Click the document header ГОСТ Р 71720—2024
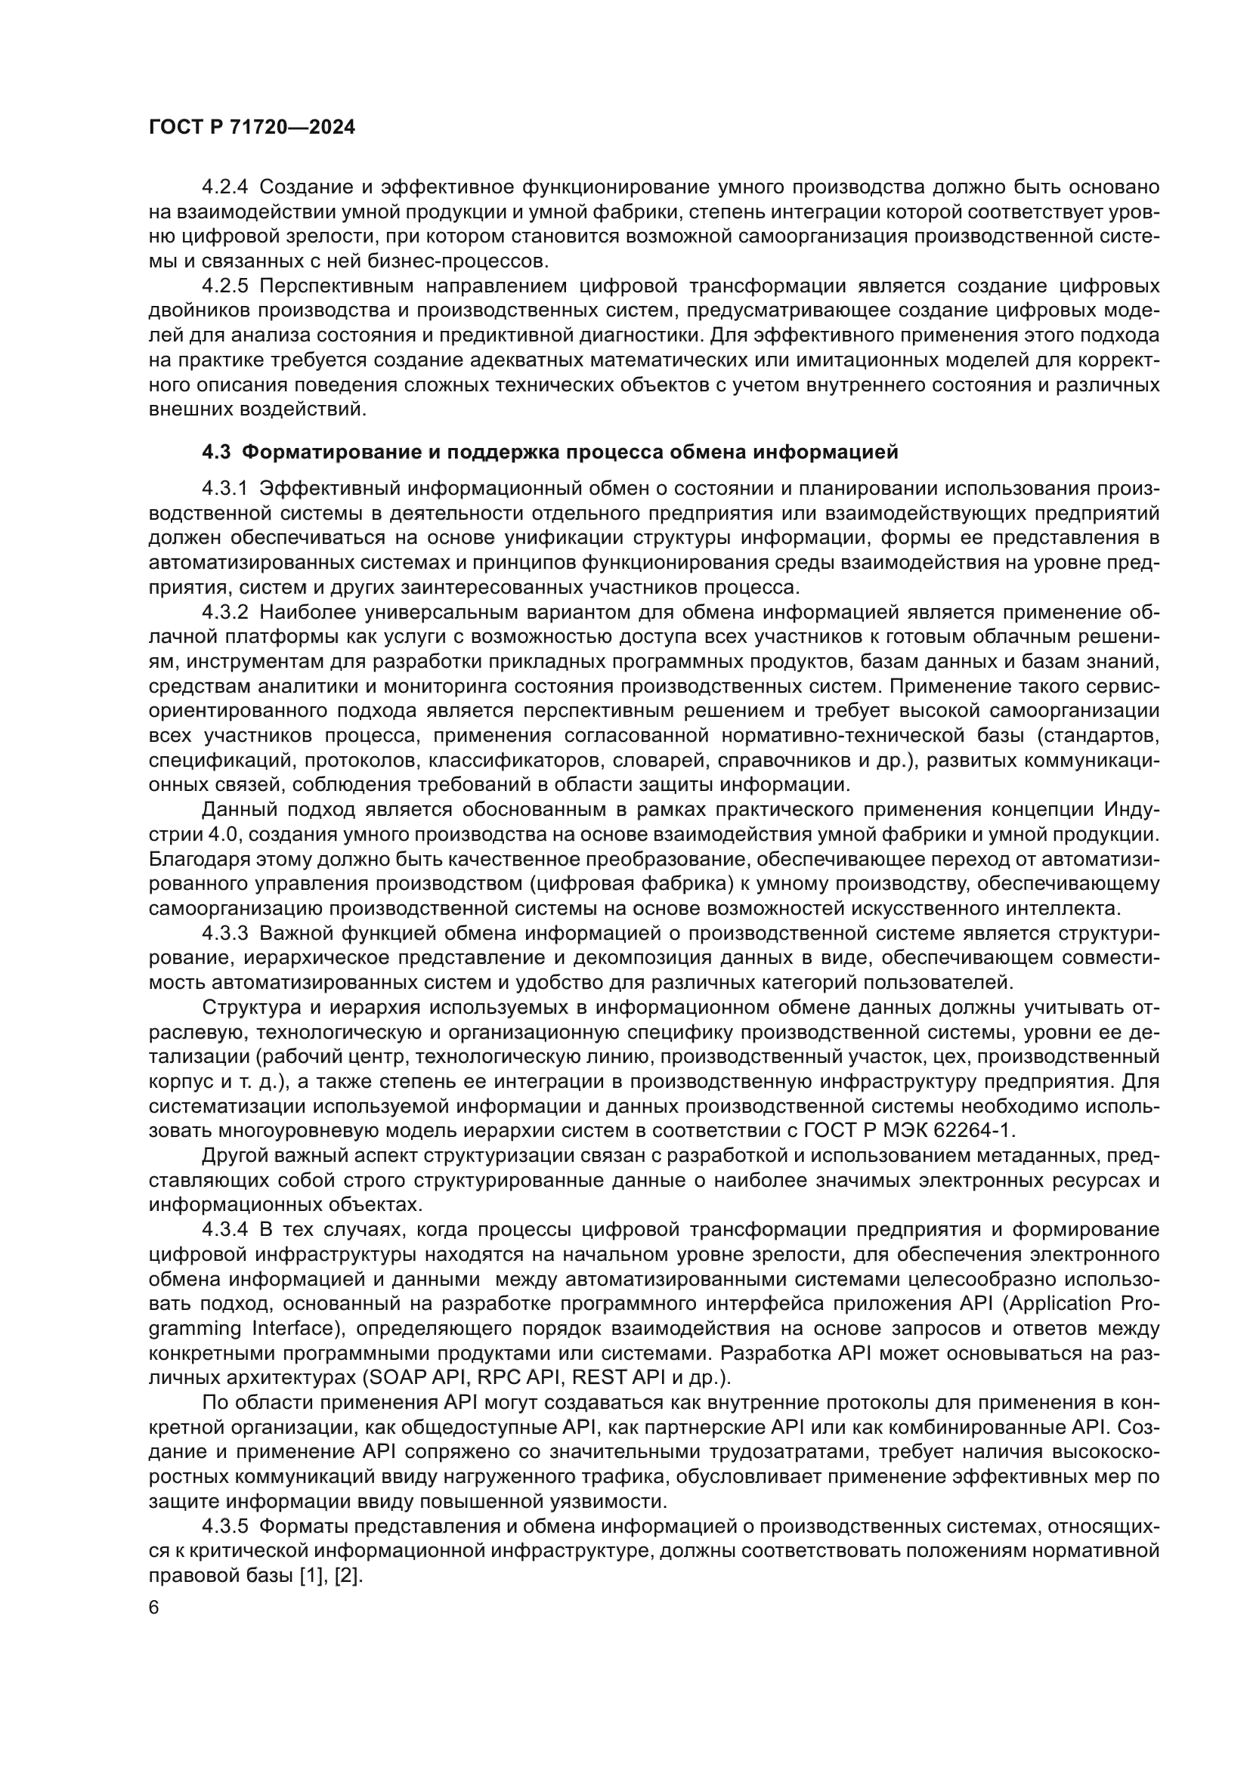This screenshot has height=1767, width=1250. (252, 128)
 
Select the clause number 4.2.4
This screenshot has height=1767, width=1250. (225, 187)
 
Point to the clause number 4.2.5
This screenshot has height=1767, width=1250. (225, 286)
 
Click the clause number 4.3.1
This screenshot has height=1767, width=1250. (225, 489)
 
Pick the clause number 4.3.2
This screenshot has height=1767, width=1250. (225, 613)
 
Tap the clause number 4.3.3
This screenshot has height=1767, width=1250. (225, 934)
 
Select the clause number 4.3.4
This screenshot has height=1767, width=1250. (225, 1230)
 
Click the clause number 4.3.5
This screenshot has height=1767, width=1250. (225, 1526)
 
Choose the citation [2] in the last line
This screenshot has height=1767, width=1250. (348, 1575)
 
